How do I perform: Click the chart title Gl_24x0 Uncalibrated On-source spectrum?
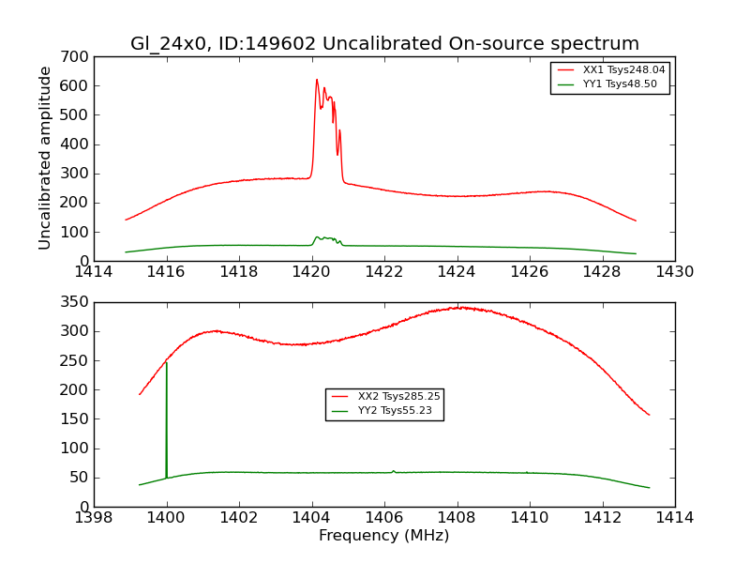point(384,44)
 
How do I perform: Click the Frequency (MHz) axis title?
point(384,536)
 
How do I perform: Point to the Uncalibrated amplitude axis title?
point(45,158)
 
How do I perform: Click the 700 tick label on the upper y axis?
point(76,57)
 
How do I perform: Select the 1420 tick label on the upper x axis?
point(311,272)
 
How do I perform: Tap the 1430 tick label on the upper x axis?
point(674,272)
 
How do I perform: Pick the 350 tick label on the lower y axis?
point(76,302)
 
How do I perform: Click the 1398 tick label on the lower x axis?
point(94,518)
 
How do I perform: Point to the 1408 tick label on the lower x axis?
point(457,518)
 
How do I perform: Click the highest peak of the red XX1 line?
point(317,80)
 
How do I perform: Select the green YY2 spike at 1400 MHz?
point(166,364)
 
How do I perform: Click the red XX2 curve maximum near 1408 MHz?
point(457,307)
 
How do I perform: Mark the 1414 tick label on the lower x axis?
point(674,518)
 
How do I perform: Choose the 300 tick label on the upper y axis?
point(76,174)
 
